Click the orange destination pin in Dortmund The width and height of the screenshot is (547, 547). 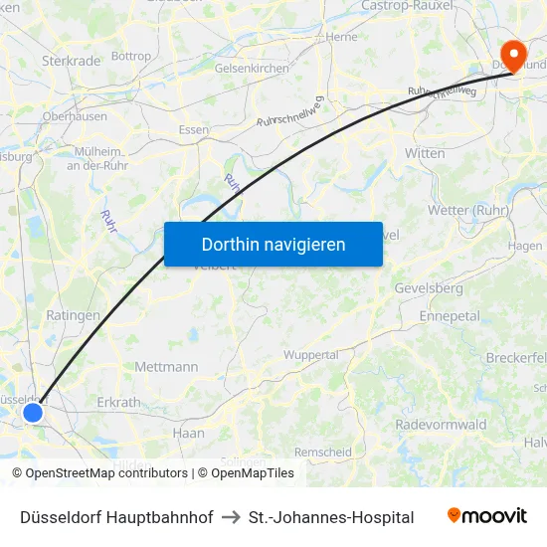click(514, 54)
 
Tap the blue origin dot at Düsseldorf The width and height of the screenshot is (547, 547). click(33, 412)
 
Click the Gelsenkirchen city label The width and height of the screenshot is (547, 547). click(252, 69)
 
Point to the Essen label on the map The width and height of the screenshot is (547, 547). click(193, 130)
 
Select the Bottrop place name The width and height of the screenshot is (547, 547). click(130, 57)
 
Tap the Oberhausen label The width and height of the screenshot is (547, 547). click(75, 116)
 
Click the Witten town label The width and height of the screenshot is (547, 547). click(425, 153)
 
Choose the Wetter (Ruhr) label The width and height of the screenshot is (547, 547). click(468, 211)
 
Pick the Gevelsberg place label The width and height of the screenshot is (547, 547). click(429, 288)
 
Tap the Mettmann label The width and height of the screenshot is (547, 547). click(166, 367)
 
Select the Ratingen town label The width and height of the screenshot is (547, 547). click(73, 315)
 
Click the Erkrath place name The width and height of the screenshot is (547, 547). click(118, 403)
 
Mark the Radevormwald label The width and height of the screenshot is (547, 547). click(441, 425)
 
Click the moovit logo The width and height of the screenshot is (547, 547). click(486, 516)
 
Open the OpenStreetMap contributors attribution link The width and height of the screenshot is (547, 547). click(99, 473)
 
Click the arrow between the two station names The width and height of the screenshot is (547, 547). click(231, 517)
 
